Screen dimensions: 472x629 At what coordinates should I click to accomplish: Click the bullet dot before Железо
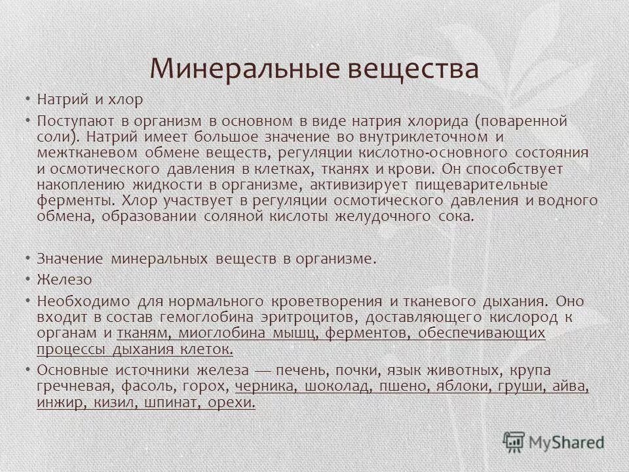pyautogui.click(x=29, y=279)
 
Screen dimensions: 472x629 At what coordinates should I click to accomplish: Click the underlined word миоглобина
pyautogui.click(x=210, y=333)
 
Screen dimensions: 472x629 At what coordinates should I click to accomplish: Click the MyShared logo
pyautogui.click(x=554, y=441)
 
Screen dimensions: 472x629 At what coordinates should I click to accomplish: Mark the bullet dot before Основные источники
pyautogui.click(x=29, y=370)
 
